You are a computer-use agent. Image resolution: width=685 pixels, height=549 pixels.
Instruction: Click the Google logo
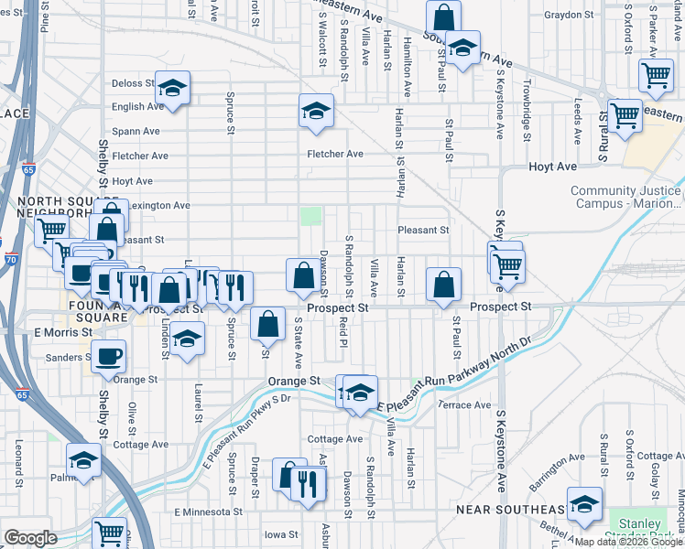(30, 538)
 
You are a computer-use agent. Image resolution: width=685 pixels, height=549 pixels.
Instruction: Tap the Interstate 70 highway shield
(8, 260)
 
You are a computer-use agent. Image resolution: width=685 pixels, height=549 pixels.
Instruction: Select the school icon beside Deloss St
(171, 89)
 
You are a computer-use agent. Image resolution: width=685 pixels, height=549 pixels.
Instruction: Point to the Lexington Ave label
(158, 206)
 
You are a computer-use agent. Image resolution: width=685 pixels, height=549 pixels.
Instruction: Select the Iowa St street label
(281, 534)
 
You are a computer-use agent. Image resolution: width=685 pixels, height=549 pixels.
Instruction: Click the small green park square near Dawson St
(312, 216)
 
